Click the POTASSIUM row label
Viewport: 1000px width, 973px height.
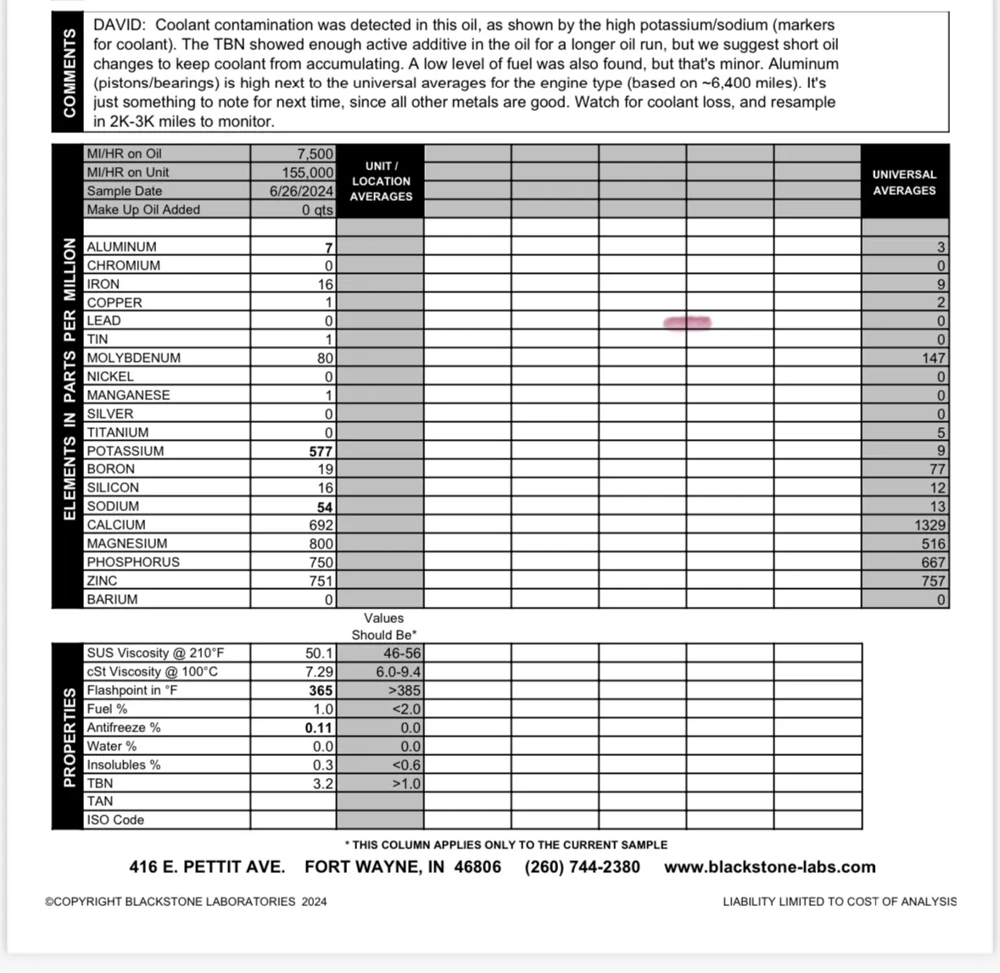[x=126, y=451]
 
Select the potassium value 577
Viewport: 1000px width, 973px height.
[x=321, y=452]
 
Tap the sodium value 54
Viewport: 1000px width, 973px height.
[x=325, y=507]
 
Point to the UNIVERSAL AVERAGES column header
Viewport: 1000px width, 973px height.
[x=904, y=182]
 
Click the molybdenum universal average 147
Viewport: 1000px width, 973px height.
[x=933, y=359]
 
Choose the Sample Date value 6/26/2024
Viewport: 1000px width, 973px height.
[x=301, y=192]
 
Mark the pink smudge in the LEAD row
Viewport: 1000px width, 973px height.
[x=688, y=322]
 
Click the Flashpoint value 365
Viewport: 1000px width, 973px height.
[x=321, y=691]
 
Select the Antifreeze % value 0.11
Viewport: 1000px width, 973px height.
[x=319, y=728]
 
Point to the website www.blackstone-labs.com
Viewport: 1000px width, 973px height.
[x=769, y=867]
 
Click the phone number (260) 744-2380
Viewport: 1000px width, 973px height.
[x=582, y=867]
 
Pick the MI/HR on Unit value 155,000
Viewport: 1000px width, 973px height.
[x=307, y=172]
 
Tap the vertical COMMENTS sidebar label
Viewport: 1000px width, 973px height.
[x=69, y=72]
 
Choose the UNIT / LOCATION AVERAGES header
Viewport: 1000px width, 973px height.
[x=381, y=181]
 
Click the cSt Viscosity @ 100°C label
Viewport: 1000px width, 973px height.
[x=152, y=672]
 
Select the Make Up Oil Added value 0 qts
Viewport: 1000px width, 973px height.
[x=317, y=210]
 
